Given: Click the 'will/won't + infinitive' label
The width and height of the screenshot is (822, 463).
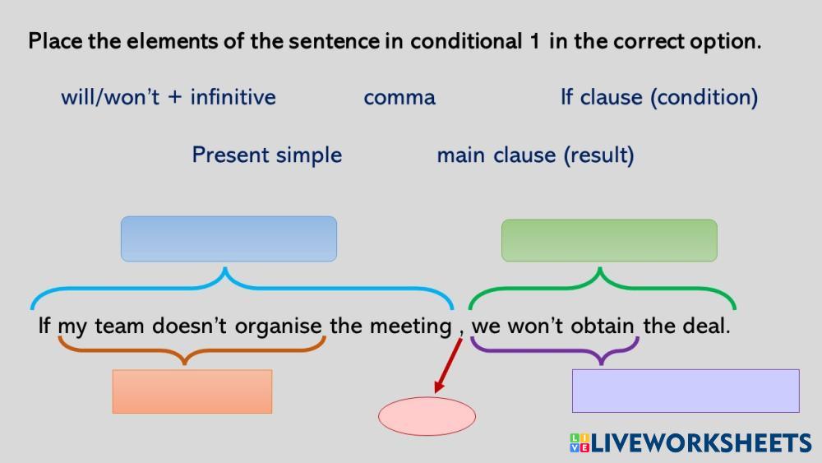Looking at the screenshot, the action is coord(169,98).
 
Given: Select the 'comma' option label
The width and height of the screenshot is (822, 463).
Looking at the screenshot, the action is coord(399,98).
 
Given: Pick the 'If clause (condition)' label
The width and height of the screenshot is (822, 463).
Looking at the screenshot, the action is coord(659,98).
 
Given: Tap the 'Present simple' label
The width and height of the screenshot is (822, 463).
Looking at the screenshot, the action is coord(267,155).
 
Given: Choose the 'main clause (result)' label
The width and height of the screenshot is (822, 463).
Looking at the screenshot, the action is coord(535,155).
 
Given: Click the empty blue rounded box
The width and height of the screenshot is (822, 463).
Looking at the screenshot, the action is coord(229,238).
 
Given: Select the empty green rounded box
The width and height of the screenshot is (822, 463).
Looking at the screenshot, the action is coord(609,240).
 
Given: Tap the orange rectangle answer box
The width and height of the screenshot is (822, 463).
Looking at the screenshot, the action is coord(192,391).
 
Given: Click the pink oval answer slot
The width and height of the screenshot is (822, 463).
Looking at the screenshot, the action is coord(427,416).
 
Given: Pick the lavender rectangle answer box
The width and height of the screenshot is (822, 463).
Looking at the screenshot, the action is coord(686,391).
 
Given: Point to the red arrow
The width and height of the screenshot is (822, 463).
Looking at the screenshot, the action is coord(448,365).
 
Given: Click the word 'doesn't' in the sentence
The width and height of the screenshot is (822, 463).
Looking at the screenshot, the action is coord(189,326).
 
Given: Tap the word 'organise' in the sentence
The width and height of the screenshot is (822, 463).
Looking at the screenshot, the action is coord(278,326).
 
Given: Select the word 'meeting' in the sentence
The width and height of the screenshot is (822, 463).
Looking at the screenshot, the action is coord(410,326).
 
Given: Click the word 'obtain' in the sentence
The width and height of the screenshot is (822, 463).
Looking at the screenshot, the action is coord(603,326).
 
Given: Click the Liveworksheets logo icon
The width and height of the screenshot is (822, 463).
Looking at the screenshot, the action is coord(580,443).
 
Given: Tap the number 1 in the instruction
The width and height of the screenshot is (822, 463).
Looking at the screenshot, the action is coord(534,41).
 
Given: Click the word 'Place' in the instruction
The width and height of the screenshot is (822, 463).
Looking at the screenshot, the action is coord(55,41).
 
